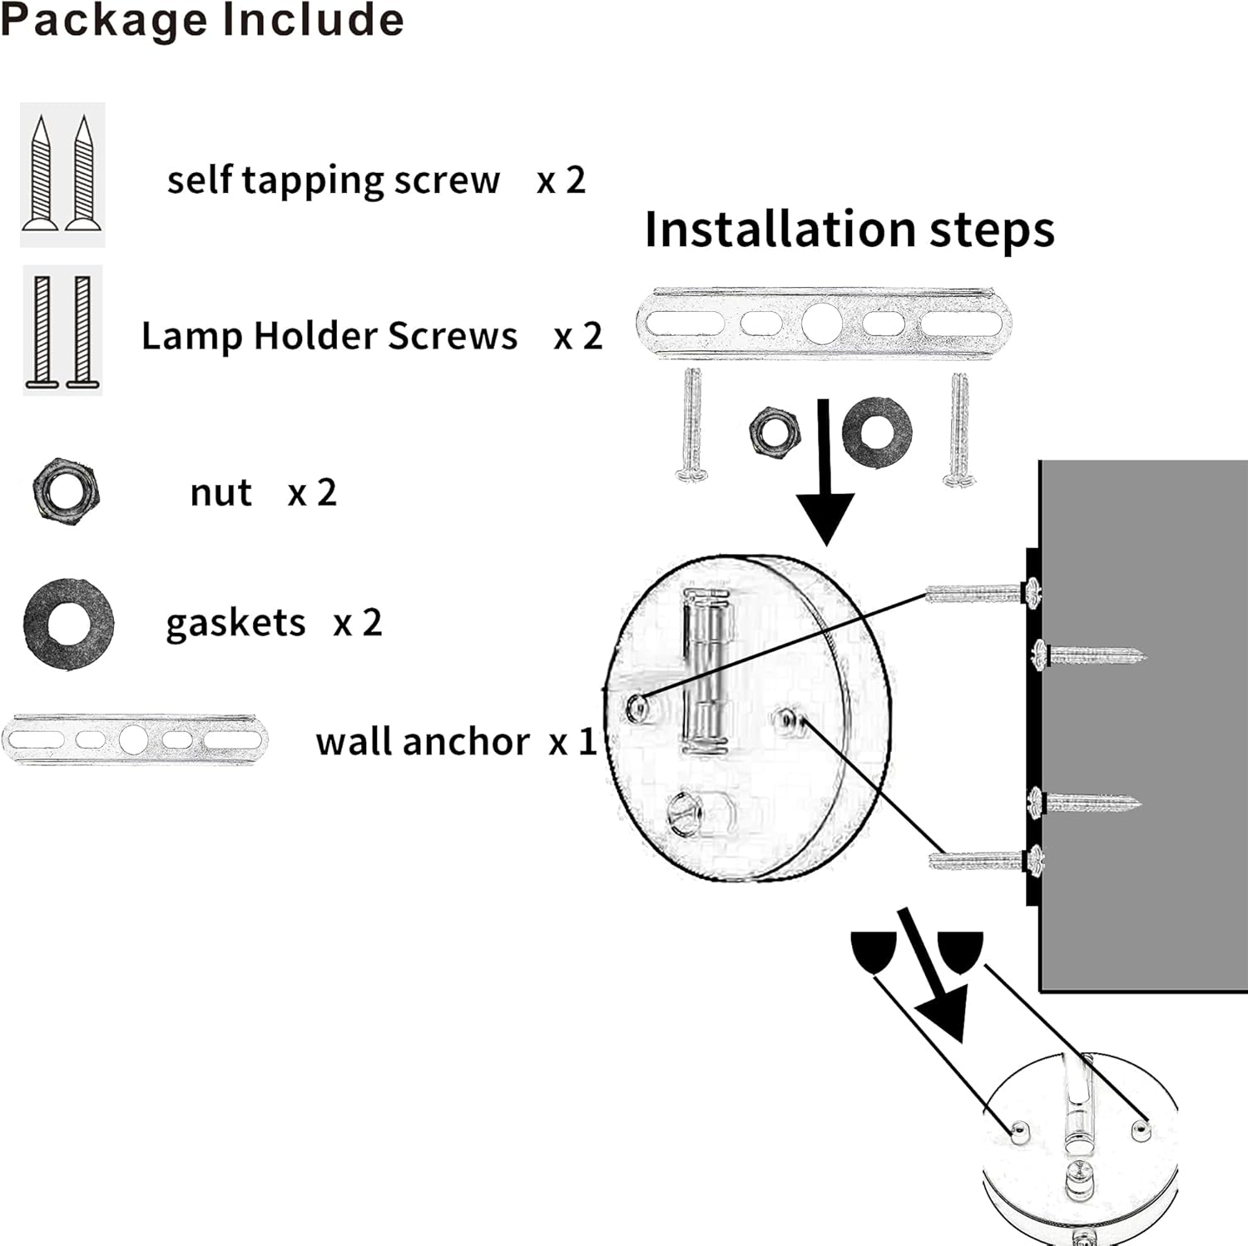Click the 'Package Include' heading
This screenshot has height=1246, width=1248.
[202, 20]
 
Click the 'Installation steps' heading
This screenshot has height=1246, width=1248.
[849, 230]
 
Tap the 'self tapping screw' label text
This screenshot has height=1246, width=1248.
[333, 180]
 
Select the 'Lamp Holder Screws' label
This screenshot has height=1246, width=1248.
[329, 336]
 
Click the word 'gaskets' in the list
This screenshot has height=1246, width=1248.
[235, 623]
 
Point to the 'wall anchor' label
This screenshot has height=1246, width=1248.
[422, 741]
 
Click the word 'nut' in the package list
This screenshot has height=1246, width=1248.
[220, 492]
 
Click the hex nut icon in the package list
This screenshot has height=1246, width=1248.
[66, 490]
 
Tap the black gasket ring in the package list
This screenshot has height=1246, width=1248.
[68, 624]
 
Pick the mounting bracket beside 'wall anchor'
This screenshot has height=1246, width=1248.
[135, 739]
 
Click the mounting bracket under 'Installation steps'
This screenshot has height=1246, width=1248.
[824, 323]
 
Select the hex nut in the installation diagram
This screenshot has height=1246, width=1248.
[775, 431]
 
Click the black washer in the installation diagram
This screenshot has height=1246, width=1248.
[877, 432]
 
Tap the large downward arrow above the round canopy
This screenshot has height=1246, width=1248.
[825, 482]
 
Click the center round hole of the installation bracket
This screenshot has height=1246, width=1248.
[823, 323]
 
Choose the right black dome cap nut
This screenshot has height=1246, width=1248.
[961, 949]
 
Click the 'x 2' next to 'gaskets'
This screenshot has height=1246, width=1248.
[358, 623]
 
